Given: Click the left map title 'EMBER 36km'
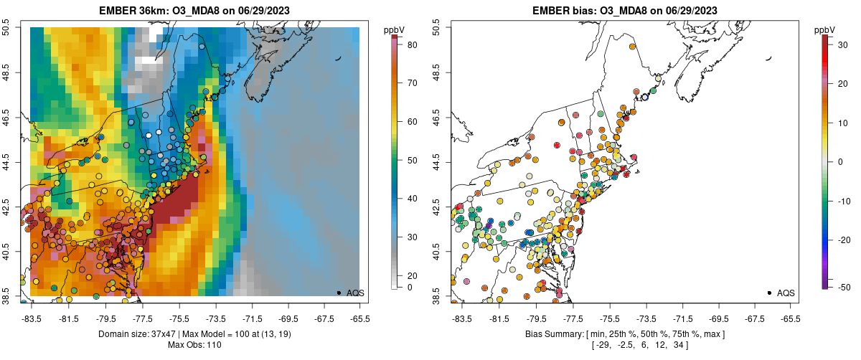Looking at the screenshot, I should click(x=134, y=10).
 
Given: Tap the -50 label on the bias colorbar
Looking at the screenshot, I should click(x=844, y=287).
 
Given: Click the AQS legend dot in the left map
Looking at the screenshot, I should click(x=339, y=293).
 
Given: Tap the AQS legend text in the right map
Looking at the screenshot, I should click(x=786, y=293).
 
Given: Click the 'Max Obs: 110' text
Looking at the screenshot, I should click(x=195, y=346).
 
